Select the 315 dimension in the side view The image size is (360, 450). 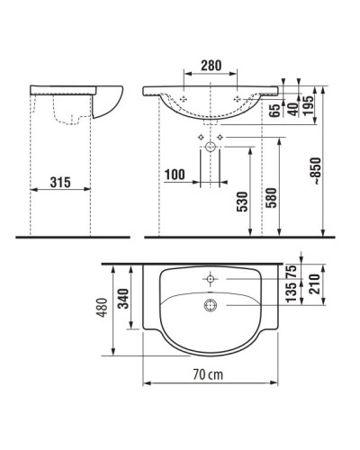point(60,183)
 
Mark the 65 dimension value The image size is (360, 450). point(272,112)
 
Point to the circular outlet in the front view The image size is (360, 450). point(212,145)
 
